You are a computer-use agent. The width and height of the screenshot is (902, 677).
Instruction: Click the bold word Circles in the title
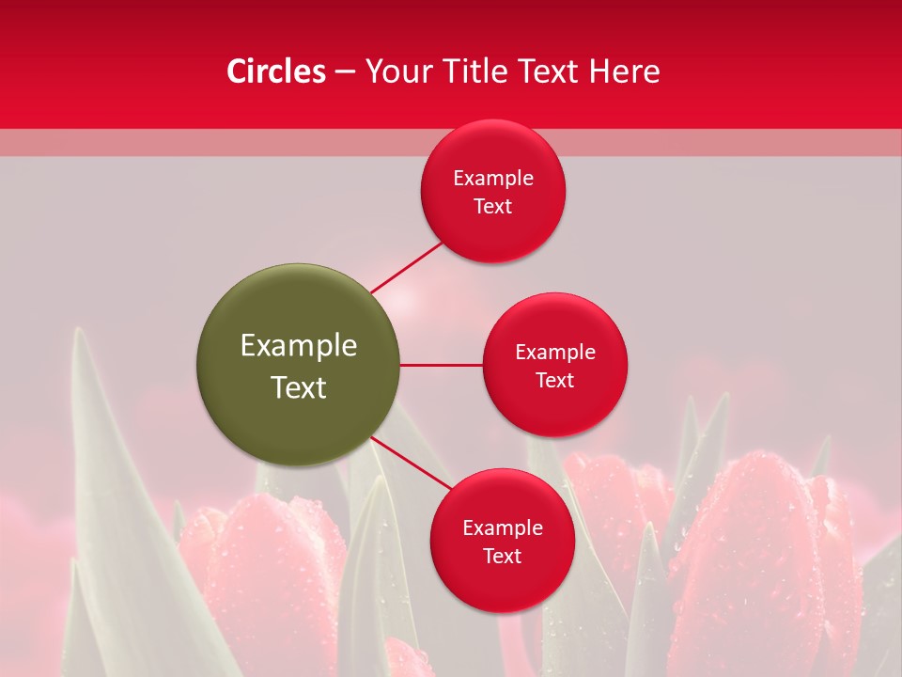pos(276,71)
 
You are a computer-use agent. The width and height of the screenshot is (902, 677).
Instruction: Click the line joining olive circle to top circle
pos(407,266)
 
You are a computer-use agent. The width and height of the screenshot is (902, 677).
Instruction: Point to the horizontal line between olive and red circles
pos(441,365)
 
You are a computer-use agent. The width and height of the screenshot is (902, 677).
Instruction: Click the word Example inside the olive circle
pos(299,346)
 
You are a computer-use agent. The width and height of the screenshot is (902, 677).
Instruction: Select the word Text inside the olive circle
pos(299,387)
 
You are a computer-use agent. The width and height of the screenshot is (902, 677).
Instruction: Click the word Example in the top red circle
pos(493,179)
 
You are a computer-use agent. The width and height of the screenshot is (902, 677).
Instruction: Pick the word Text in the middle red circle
pos(555,381)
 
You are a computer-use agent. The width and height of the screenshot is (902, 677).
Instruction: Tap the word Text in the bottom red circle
pos(503,557)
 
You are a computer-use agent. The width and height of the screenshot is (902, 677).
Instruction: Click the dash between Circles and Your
pos(345,71)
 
